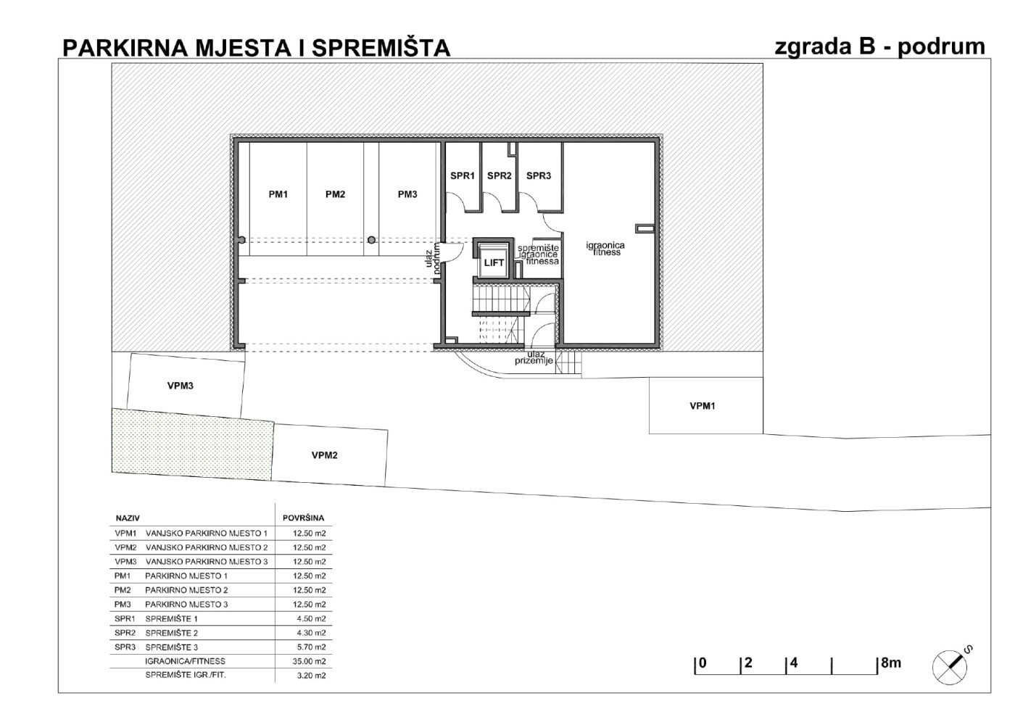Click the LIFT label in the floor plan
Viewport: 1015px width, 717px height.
494,262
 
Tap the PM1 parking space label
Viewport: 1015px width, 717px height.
278,194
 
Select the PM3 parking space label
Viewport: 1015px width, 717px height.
407,194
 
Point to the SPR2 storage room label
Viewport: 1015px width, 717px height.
500,176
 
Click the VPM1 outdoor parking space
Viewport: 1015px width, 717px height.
706,406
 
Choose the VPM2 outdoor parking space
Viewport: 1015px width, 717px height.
329,455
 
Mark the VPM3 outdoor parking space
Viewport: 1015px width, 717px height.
186,386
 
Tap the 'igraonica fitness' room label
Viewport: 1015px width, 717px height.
605,249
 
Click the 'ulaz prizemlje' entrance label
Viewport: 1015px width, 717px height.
534,357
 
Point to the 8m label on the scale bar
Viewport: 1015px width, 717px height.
891,663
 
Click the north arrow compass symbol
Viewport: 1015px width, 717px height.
951,666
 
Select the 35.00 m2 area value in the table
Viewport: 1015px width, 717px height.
309,661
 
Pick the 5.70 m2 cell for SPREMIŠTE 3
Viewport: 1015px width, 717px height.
311,647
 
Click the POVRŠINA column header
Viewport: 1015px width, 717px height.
304,518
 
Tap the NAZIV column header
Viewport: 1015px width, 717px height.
128,518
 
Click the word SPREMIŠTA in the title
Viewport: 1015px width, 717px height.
381,48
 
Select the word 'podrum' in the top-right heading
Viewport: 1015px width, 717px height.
941,48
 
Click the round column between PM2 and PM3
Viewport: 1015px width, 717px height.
371,240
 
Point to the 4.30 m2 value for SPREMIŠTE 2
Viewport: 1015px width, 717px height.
311,633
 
